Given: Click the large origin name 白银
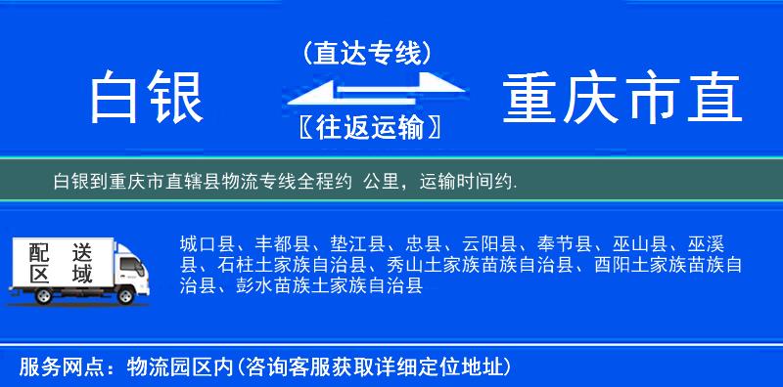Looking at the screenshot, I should point(147,99).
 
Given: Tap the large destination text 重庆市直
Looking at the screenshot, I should point(622,99).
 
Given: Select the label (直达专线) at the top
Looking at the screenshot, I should point(367,54).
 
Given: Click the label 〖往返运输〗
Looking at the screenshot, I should point(367,127).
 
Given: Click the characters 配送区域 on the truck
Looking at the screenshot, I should point(62,261).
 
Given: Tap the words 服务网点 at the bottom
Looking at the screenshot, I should point(51,367).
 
